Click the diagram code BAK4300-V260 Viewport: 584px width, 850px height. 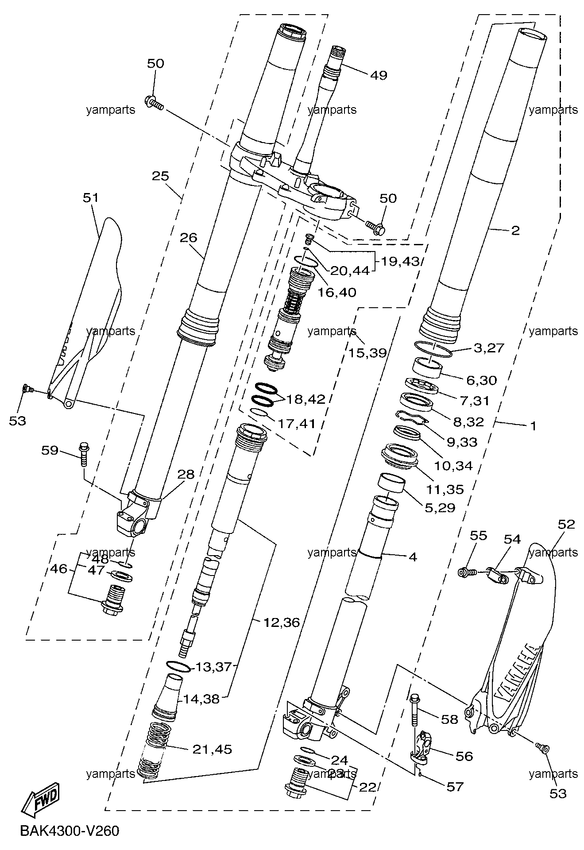pos(70,831)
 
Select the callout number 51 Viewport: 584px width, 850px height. pos(91,197)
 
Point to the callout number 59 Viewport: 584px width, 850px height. pos(50,451)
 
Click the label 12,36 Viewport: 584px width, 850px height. pos(282,622)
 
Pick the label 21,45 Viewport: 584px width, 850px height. pos(212,750)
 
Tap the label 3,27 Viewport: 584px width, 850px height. pos(489,348)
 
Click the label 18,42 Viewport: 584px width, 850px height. pos(306,399)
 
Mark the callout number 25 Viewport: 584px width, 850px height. pos(160,176)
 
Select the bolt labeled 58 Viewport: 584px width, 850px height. pos(414,714)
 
